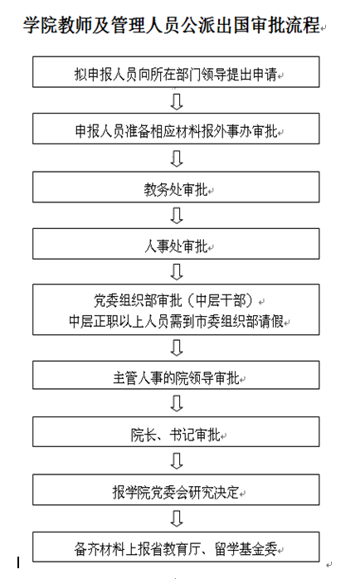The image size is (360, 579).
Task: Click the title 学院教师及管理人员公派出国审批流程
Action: point(172,25)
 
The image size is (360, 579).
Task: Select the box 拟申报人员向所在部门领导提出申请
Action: point(176,71)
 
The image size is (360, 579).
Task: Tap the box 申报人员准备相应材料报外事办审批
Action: point(176,129)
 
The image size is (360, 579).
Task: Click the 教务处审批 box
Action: point(176,187)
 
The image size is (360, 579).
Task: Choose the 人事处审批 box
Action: point(176,244)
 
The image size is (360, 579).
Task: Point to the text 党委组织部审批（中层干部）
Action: point(173,301)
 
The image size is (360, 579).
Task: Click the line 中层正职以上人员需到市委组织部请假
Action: point(176,321)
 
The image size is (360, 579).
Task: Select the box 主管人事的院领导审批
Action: point(176,375)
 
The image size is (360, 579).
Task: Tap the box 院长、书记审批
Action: point(176,431)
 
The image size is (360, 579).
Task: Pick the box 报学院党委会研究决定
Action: point(176,489)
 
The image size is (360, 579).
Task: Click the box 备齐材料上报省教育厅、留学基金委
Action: point(176,547)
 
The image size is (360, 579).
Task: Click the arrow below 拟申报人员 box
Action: point(177,101)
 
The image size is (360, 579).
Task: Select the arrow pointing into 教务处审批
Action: point(177,158)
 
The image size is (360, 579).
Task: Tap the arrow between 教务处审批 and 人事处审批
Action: point(177,216)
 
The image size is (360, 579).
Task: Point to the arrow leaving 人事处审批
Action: point(177,272)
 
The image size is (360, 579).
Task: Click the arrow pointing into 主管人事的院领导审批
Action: point(177,348)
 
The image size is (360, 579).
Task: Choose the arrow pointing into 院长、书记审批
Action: point(177,404)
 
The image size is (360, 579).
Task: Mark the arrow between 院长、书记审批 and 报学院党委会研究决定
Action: point(177,461)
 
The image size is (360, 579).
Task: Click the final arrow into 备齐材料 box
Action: point(177,518)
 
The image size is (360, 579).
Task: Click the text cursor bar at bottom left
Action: point(18,562)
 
